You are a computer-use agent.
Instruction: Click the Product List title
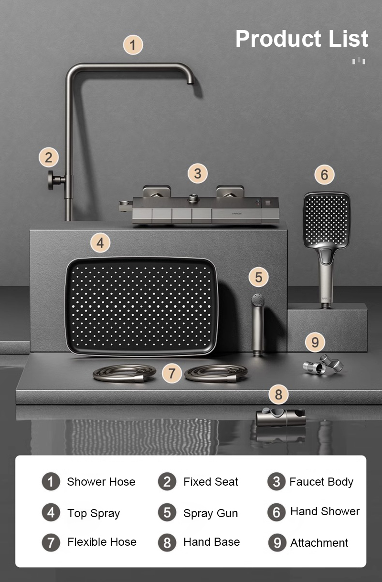click(302, 39)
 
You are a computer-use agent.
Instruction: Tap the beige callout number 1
click(133, 45)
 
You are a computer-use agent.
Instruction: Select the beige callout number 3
click(198, 173)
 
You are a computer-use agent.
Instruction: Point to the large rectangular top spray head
click(141, 307)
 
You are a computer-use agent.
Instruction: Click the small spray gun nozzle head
click(258, 300)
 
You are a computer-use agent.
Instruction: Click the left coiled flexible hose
click(125, 374)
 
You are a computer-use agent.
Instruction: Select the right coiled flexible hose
click(216, 374)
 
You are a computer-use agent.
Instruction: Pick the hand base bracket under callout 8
click(281, 416)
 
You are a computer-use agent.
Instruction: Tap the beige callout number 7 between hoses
click(171, 374)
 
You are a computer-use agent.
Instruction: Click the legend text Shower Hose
click(101, 482)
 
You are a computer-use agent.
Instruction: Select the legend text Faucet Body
click(321, 482)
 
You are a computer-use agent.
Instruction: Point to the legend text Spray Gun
click(211, 513)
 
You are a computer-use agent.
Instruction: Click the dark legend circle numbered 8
click(167, 542)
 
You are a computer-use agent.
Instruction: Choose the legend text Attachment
click(319, 543)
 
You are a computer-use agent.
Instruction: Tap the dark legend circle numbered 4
click(51, 512)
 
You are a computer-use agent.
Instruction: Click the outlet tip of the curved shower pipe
click(191, 83)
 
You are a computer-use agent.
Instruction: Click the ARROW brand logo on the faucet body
click(237, 214)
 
